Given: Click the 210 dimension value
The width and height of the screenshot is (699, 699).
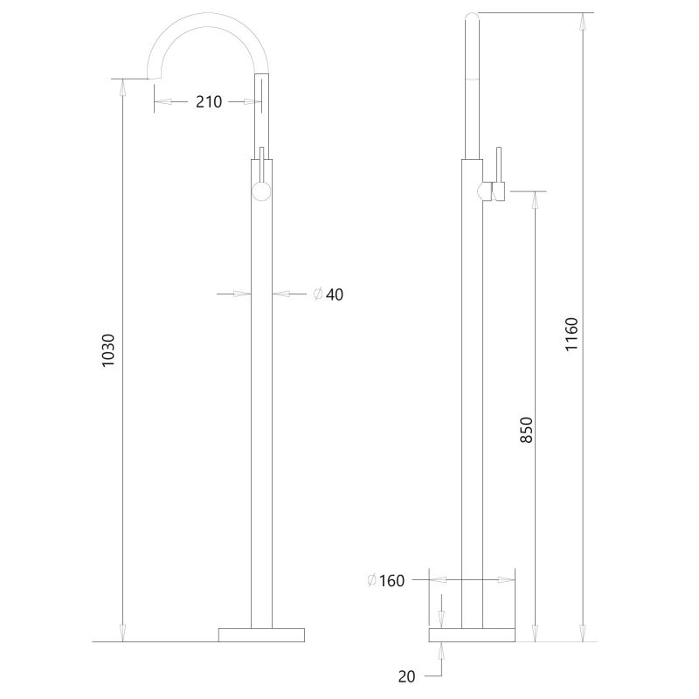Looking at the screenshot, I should (x=208, y=102).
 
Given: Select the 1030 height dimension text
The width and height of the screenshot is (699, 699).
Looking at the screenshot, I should (x=109, y=349).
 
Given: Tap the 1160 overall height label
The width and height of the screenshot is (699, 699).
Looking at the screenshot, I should (x=571, y=336).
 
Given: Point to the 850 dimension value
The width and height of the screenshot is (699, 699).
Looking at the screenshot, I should (x=526, y=431).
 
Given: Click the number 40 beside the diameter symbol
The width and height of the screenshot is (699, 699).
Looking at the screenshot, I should (x=335, y=295).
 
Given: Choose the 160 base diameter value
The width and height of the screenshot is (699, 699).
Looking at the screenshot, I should (x=392, y=581).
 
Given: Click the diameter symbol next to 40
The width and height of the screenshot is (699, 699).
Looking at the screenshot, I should (x=318, y=295).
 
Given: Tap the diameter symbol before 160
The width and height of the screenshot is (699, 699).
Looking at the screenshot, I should (x=373, y=581).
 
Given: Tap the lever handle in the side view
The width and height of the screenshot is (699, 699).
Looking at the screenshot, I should (x=500, y=175).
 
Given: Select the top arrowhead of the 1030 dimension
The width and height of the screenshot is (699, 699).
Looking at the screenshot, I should (x=122, y=85).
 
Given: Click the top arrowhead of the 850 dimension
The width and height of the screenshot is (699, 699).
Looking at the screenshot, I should (x=535, y=198).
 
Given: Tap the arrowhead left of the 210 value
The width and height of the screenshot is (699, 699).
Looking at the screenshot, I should (x=161, y=102).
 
